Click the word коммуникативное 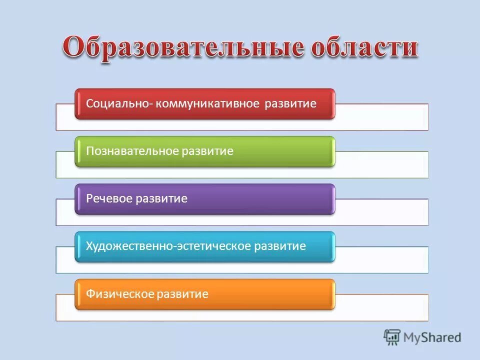207,103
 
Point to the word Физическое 119,294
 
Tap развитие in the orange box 182,294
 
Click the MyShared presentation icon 392,337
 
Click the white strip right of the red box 381,117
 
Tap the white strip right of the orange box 381,307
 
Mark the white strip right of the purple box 381,212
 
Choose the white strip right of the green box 381,164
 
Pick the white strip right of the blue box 381,260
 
